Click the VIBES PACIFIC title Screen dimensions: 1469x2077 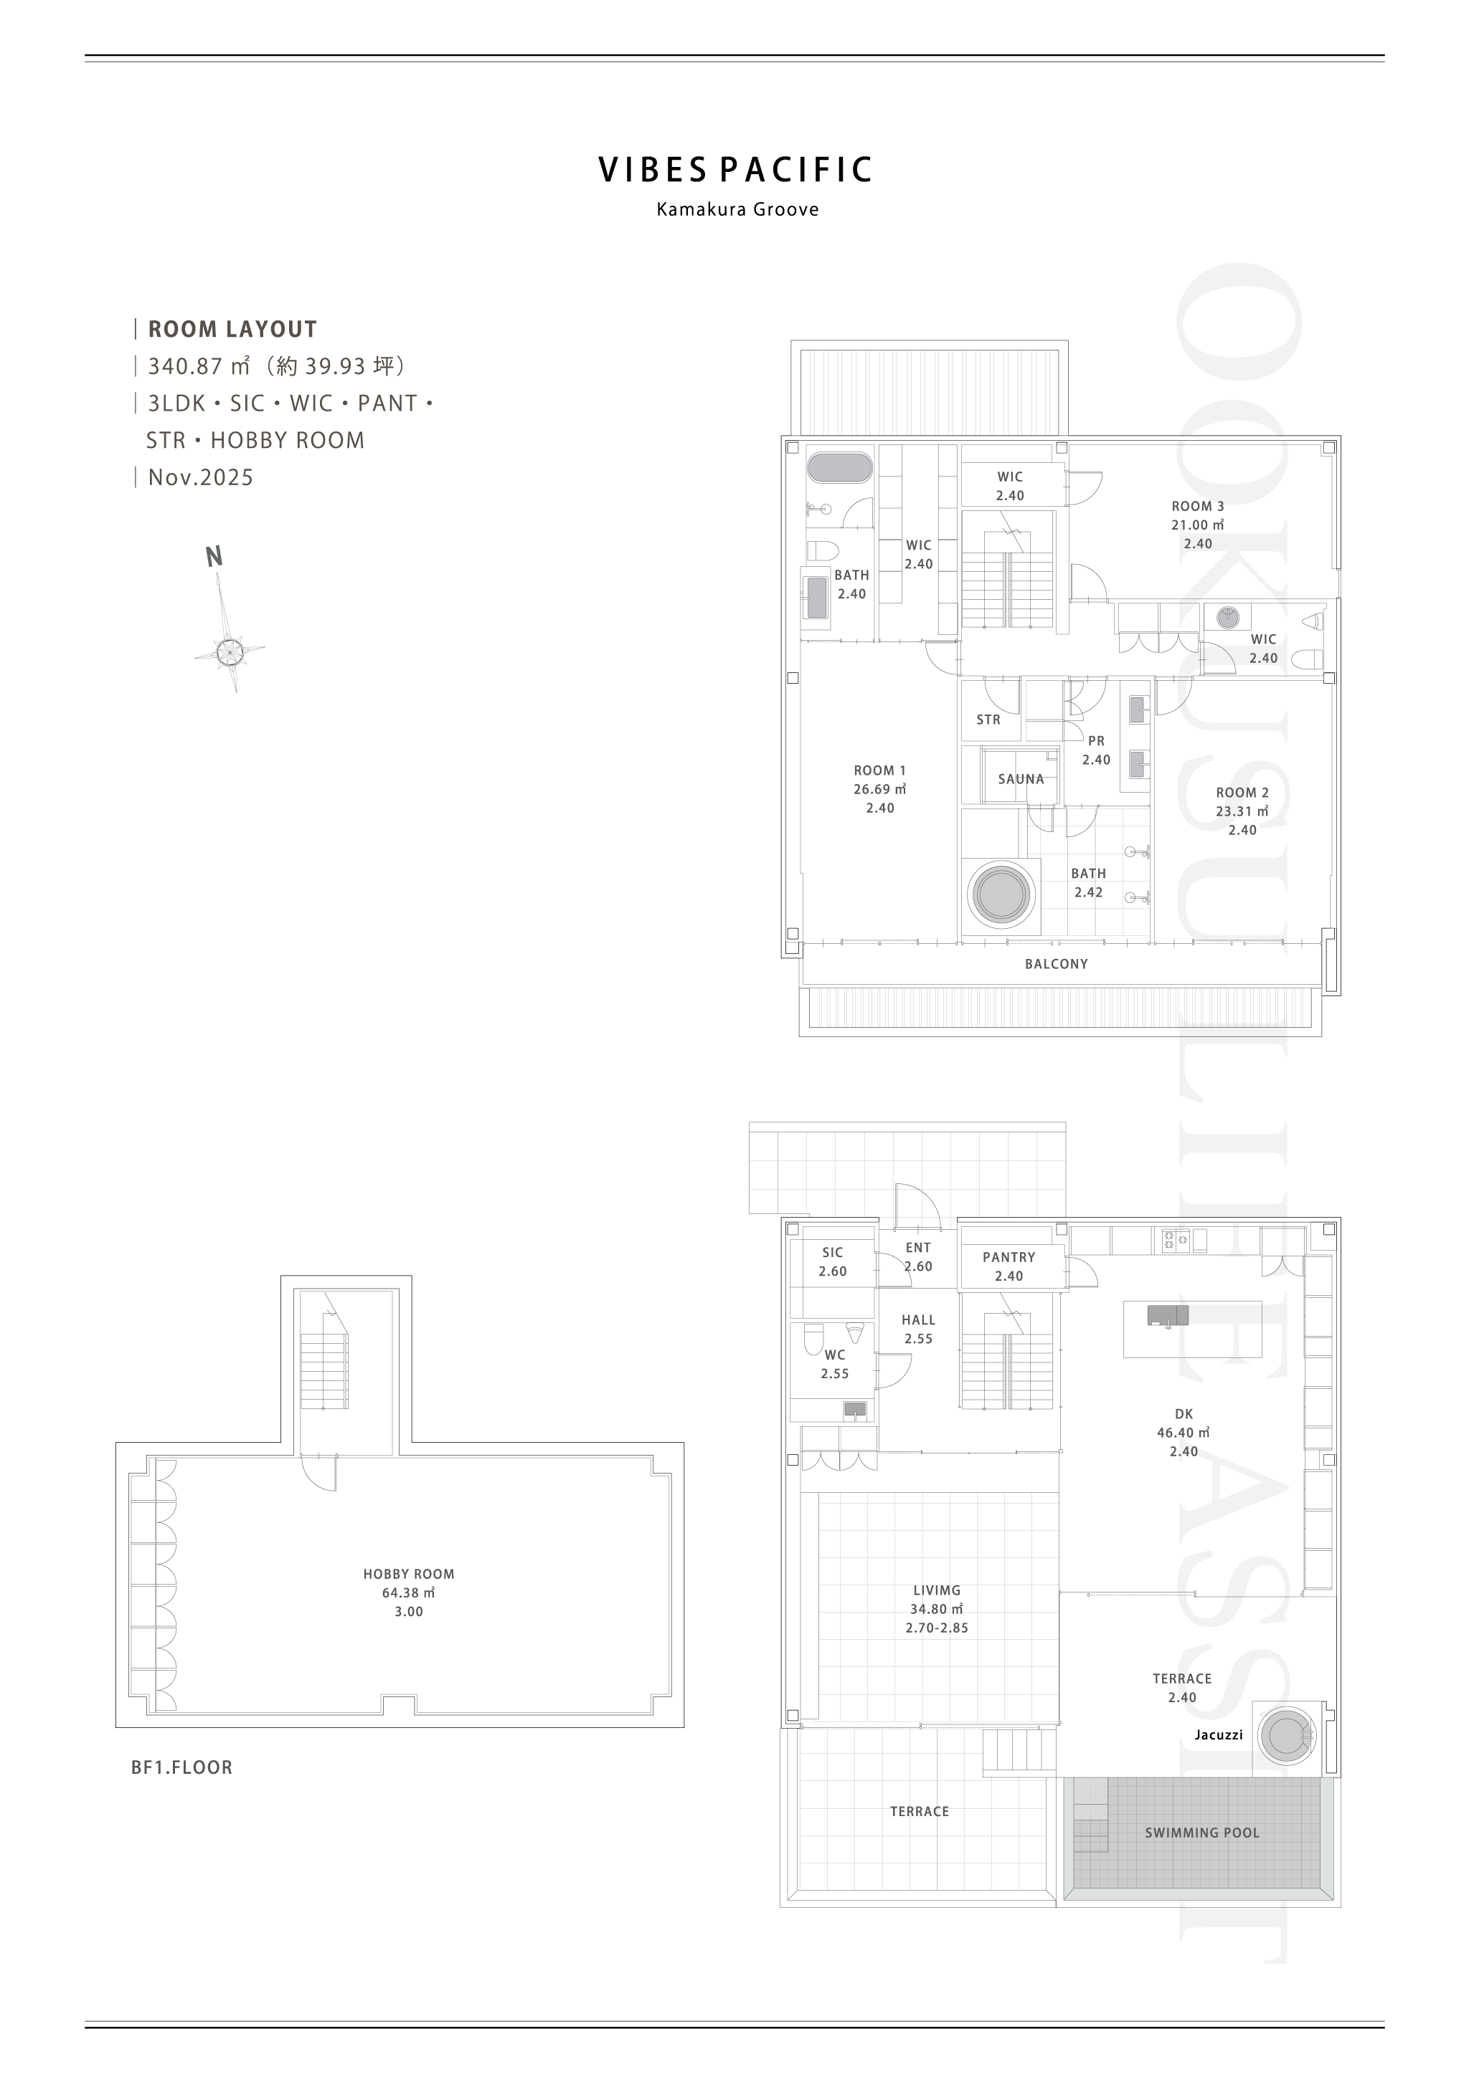click(736, 170)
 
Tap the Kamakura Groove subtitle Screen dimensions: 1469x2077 click(737, 210)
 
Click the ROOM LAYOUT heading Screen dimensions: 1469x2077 click(232, 329)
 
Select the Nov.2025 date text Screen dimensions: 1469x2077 click(201, 477)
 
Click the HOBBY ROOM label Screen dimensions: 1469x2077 click(409, 1574)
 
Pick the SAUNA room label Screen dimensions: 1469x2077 click(1021, 779)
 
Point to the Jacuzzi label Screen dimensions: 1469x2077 click(1218, 1735)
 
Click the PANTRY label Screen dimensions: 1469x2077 click(1009, 1257)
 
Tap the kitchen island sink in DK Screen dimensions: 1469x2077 click(1168, 1316)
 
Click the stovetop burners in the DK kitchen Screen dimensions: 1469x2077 click(1176, 1240)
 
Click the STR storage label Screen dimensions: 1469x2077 click(988, 720)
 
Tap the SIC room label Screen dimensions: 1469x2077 click(833, 1253)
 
